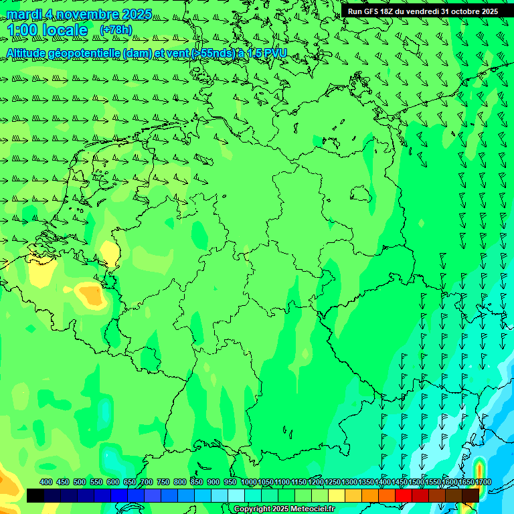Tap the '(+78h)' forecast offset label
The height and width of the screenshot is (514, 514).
pos(116,29)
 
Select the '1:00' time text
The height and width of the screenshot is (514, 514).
pos(22,30)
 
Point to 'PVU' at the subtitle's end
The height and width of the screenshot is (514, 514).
pos(275,53)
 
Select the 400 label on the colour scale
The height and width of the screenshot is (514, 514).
pos(46,482)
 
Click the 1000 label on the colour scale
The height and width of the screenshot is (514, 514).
pos(249,482)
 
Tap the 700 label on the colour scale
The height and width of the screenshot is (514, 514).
pos(146,482)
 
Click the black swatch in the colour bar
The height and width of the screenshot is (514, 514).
pos(35,495)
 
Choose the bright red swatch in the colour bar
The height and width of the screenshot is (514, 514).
pos(404,495)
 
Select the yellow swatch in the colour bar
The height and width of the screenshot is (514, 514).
pos(337,495)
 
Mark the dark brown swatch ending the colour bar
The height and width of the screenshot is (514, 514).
pos(470,495)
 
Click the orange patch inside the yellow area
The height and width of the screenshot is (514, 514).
pos(88,293)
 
